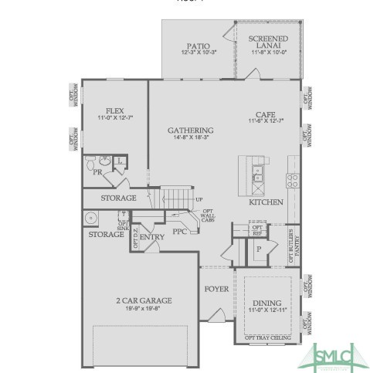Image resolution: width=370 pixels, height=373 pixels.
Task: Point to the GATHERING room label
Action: [x=190, y=130]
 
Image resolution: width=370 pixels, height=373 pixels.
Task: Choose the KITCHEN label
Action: [x=266, y=202]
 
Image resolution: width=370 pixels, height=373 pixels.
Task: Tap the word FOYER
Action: [x=216, y=291]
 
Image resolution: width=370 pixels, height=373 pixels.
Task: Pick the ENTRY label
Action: [x=151, y=238]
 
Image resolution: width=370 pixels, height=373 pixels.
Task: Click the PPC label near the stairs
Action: [x=179, y=230]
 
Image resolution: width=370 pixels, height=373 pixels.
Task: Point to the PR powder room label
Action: [x=98, y=173]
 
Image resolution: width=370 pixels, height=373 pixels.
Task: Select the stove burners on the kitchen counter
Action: [x=294, y=180]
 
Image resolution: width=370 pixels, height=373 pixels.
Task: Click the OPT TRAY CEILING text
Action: [x=266, y=337]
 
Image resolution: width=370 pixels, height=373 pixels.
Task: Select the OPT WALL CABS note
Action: [x=208, y=216]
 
